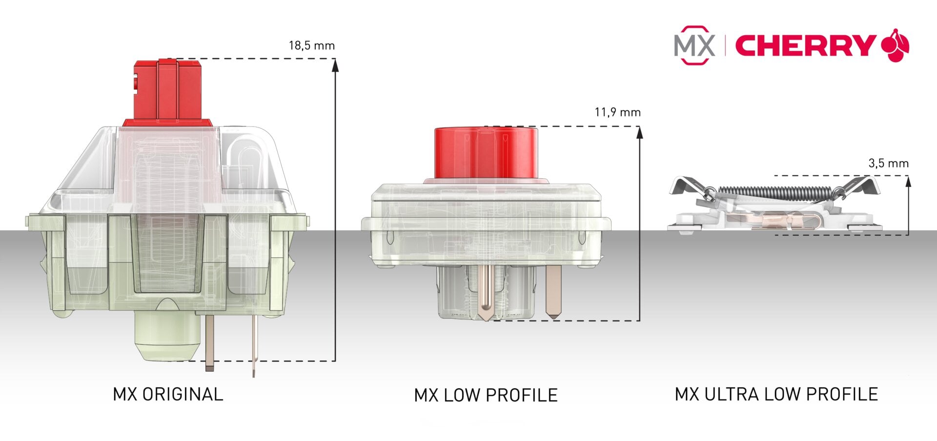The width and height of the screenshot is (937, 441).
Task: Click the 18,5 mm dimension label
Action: pyautogui.click(x=311, y=46)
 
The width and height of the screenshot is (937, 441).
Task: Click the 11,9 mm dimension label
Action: pyautogui.click(x=617, y=112)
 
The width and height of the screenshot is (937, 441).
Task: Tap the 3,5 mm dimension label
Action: pyautogui.click(x=888, y=164)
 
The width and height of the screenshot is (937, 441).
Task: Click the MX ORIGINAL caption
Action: pyautogui.click(x=168, y=394)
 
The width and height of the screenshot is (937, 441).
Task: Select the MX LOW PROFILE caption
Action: pyautogui.click(x=486, y=395)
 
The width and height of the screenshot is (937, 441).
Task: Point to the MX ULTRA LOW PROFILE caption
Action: pyautogui.click(x=776, y=394)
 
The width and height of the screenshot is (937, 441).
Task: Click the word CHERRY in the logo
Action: pyautogui.click(x=805, y=46)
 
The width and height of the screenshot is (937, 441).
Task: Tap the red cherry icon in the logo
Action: pyautogui.click(x=896, y=46)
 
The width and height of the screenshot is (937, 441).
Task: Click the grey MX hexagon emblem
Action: pyautogui.click(x=694, y=45)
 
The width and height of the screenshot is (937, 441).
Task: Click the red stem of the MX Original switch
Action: pyautogui.click(x=168, y=90)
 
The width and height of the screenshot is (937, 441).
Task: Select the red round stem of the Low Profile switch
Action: pyautogui.click(x=486, y=152)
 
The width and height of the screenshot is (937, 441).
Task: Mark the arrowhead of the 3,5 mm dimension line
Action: pyautogui.click(x=908, y=181)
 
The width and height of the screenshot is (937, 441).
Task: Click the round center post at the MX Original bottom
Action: pyautogui.click(x=167, y=337)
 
